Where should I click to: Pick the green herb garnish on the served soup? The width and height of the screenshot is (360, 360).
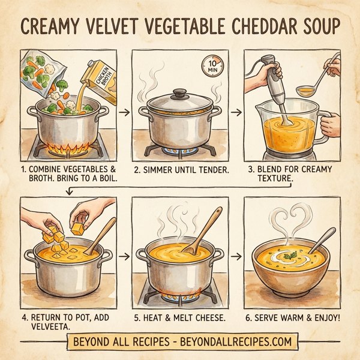pos(292,257)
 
